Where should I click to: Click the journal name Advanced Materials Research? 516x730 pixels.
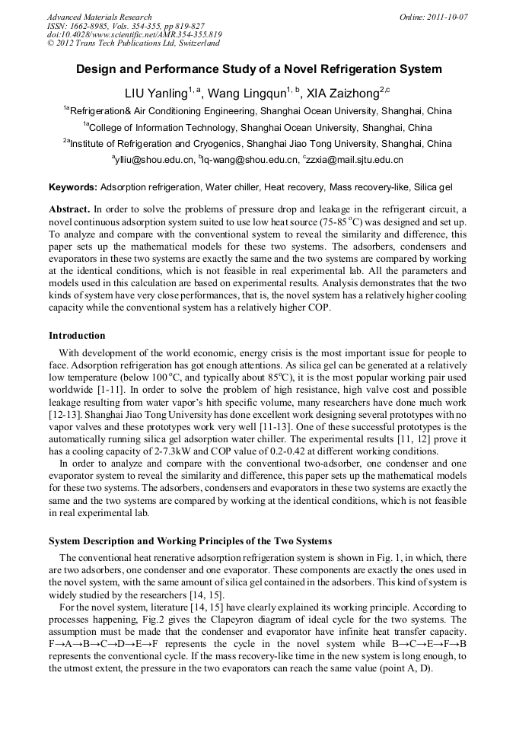point(99,17)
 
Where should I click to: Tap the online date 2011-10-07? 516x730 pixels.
point(445,17)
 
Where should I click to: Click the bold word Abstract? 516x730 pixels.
point(68,209)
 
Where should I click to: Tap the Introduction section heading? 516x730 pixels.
point(77,336)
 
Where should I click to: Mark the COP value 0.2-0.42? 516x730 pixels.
point(295,451)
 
